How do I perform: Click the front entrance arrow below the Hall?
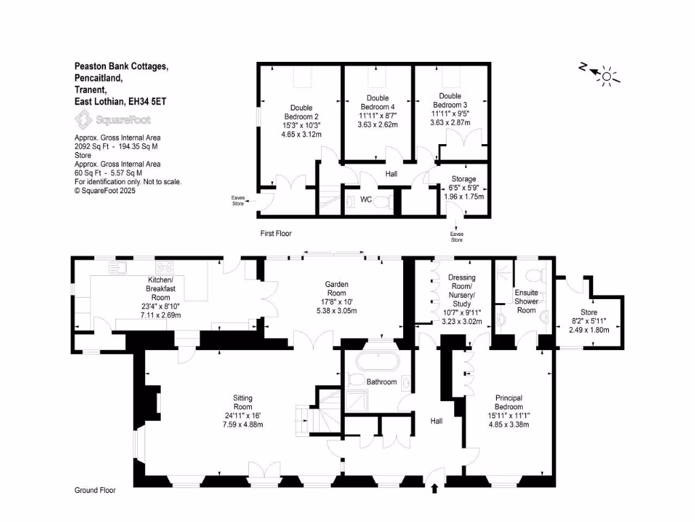pyautogui.click(x=435, y=487)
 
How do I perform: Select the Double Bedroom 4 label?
pyautogui.click(x=377, y=103)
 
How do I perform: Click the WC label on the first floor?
pyautogui.click(x=366, y=200)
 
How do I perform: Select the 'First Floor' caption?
pyautogui.click(x=276, y=233)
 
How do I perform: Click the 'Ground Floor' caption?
pyautogui.click(x=94, y=490)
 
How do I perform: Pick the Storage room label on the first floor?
pyautogui.click(x=464, y=179)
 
